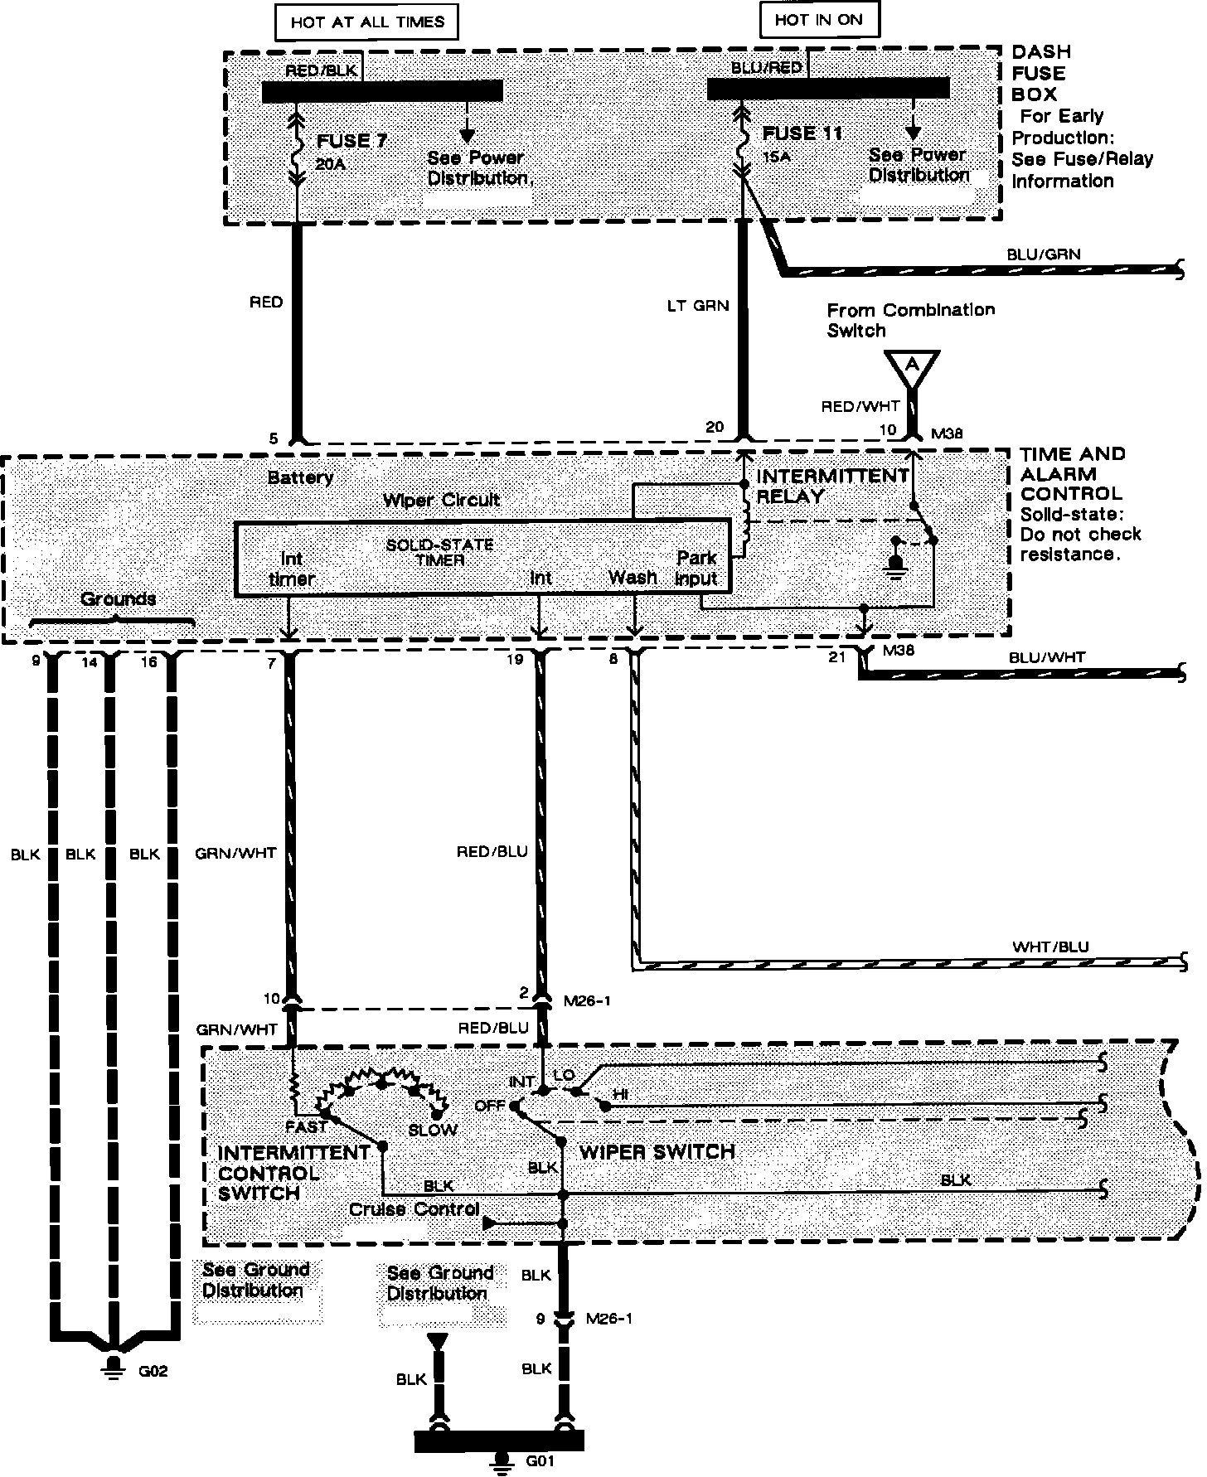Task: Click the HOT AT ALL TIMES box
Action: point(367,22)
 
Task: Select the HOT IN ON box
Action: point(818,20)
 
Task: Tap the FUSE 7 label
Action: point(351,141)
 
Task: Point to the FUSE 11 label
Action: point(802,134)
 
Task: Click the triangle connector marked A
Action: point(912,366)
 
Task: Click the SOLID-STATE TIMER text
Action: point(439,552)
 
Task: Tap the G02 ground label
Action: point(153,1372)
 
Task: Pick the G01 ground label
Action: point(540,1461)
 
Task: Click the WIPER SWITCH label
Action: point(657,1152)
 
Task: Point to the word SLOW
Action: point(432,1130)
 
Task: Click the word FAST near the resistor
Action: point(306,1127)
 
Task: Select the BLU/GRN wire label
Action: point(1044,254)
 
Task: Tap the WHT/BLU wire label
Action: point(1050,947)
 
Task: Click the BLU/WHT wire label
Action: point(1047,657)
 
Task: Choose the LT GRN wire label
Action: point(698,306)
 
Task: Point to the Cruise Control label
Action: point(414,1209)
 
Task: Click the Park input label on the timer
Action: point(696,569)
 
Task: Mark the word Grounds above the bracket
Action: point(119,598)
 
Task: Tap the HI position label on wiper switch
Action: point(619,1095)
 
